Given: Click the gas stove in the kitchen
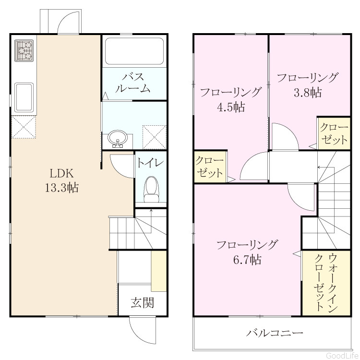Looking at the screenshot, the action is coord(24,50).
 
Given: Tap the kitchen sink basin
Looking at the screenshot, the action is coord(24,97).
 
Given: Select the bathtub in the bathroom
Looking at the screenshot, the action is coord(134,51).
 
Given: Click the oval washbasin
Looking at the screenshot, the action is coord(118,138).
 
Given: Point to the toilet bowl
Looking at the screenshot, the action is coord(151,189).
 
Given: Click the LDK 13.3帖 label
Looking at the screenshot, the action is coord(62,180).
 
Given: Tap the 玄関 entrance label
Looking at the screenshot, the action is coord(143,303).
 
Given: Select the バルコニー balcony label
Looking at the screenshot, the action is coord(275,333).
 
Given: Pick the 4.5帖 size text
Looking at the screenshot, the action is coord(231,107).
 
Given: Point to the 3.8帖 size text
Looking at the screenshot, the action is coord(308,93).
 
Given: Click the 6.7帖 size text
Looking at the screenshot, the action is coord(247,260).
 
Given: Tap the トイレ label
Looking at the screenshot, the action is coord(151,163).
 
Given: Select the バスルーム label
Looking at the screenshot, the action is coord(133,83).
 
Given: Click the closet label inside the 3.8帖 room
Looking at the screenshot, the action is coord(334,133).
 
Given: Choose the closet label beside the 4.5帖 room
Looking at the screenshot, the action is coord(209,167).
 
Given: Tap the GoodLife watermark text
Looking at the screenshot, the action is coord(342,355).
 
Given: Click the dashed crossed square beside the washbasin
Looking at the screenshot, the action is coord(154,137).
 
